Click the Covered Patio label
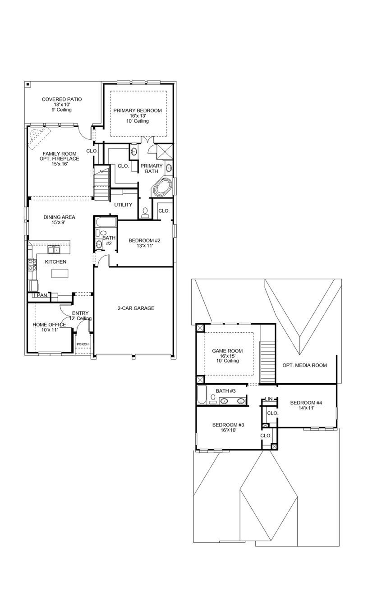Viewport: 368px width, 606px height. (62, 99)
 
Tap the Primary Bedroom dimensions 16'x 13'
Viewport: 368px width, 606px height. (137, 115)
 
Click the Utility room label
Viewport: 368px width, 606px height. (123, 205)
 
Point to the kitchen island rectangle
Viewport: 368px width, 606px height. (61, 273)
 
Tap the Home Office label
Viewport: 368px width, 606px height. (49, 325)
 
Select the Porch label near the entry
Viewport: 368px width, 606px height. (83, 344)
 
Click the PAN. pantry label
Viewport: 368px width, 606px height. (42, 295)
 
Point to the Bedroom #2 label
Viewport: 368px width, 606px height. (144, 240)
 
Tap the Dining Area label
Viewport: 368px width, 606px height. (59, 217)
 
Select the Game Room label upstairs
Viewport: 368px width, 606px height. (227, 351)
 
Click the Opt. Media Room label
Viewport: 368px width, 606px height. (304, 365)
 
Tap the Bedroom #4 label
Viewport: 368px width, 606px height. (306, 403)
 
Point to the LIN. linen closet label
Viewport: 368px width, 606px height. (269, 399)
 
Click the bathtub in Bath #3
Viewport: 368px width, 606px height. (202, 395)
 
